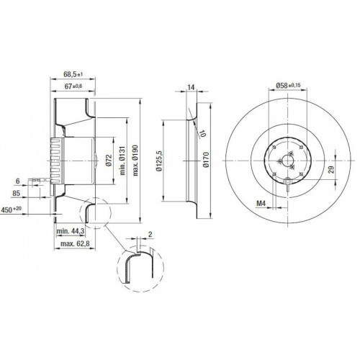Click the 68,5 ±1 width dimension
pyautogui.click(x=73, y=74)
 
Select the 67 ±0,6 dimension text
pyautogui.click(x=73, y=86)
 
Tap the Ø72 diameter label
pyautogui.click(x=109, y=161)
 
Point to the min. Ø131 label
pyautogui.click(x=122, y=161)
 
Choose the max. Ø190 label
pyautogui.click(x=135, y=161)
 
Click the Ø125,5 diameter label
pyautogui.click(x=159, y=161)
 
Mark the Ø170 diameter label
pyautogui.click(x=206, y=160)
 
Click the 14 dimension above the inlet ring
pyautogui.click(x=191, y=87)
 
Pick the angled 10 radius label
pyautogui.click(x=203, y=133)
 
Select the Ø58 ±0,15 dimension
pyautogui.click(x=288, y=85)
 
